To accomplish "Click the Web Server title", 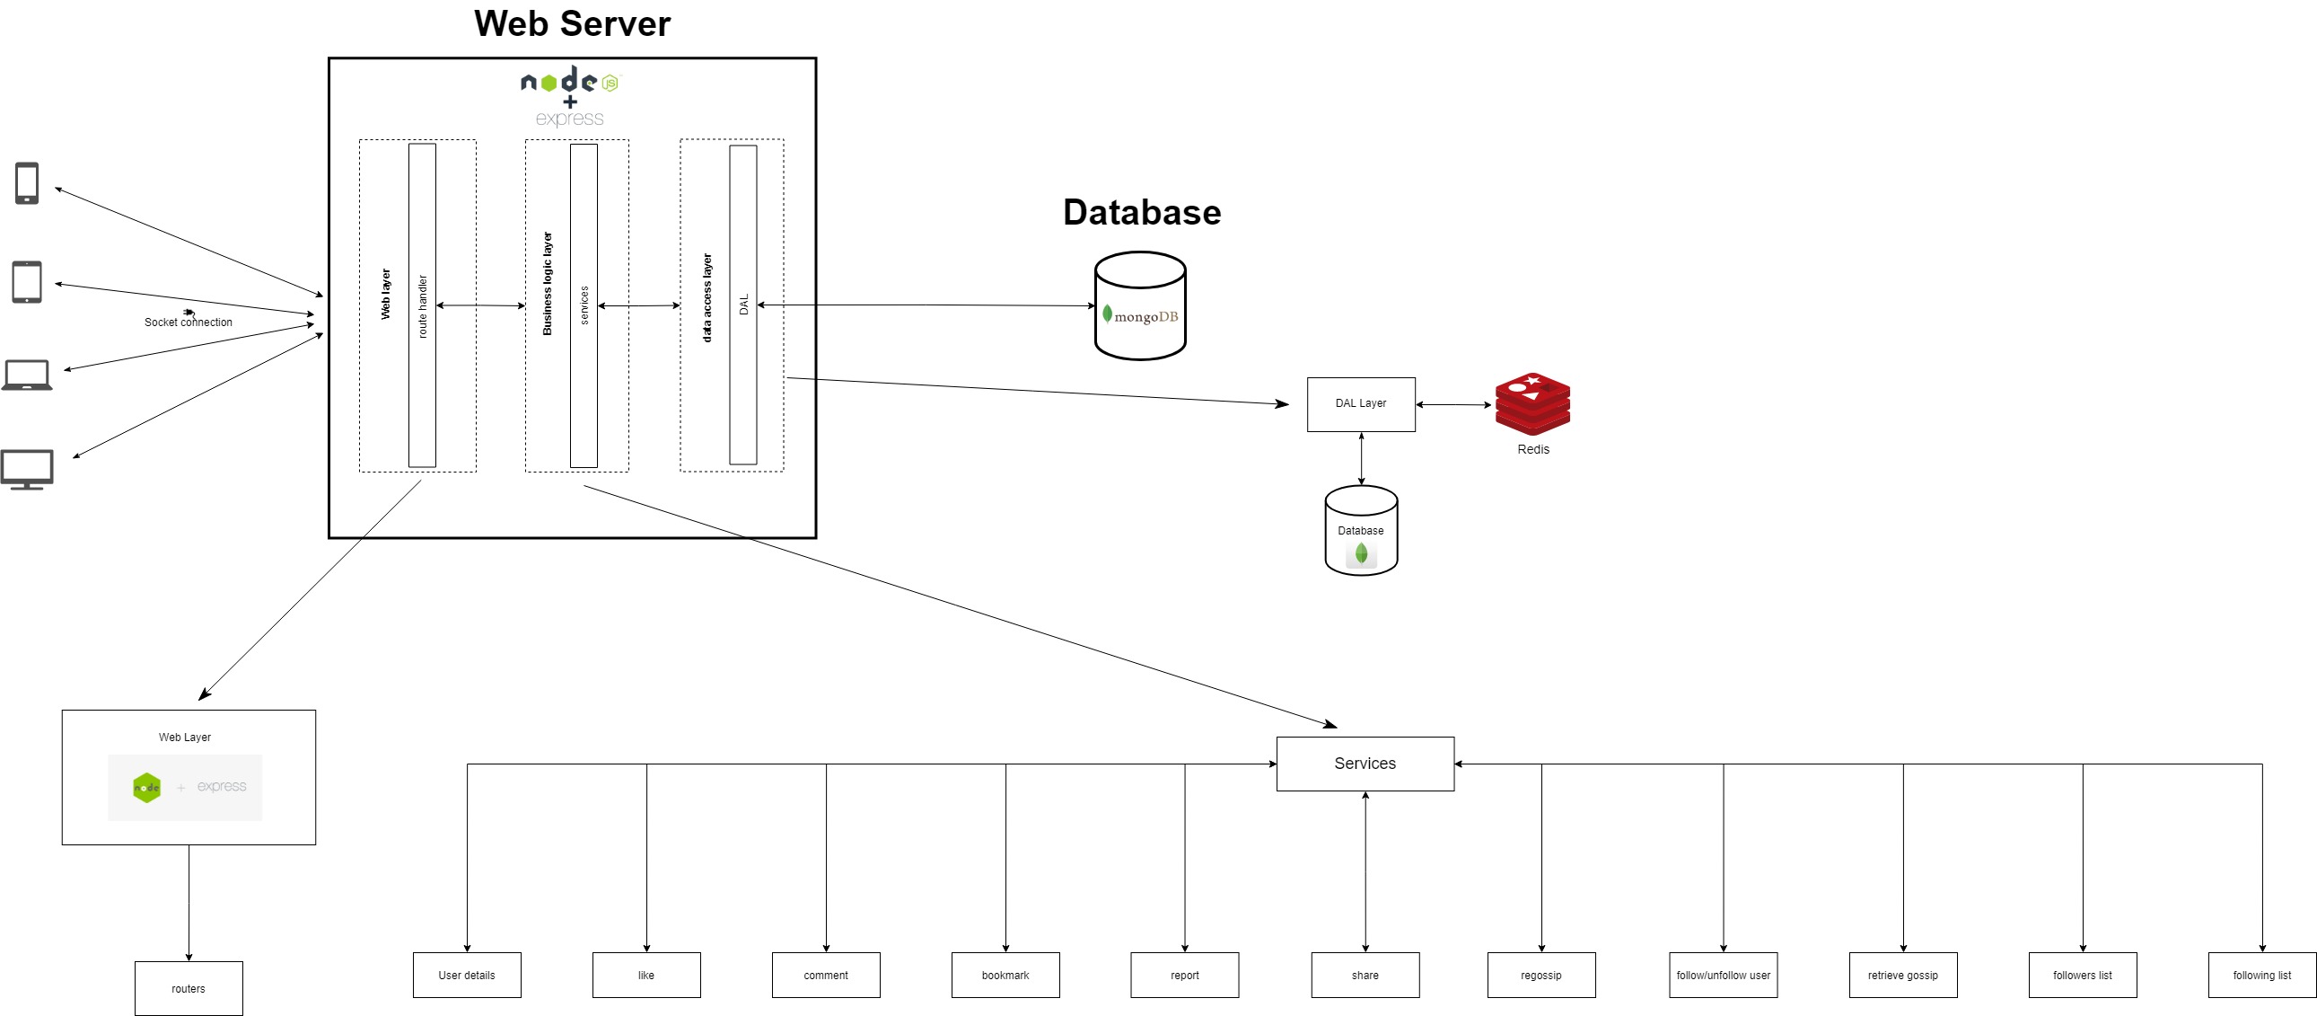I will click(x=572, y=23).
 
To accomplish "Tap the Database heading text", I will click(x=1141, y=212).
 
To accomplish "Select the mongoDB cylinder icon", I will click(x=1139, y=306).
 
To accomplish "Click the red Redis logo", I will click(x=1532, y=403).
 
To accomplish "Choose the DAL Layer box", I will click(x=1360, y=404).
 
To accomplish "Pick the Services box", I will click(x=1365, y=764).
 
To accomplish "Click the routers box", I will click(x=189, y=988).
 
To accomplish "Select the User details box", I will click(x=467, y=975).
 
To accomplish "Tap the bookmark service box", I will click(x=1005, y=975).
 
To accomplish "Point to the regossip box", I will click(x=1540, y=975).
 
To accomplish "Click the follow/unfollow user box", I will click(x=1723, y=975).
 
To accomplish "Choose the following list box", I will click(x=2261, y=975).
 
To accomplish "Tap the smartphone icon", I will click(x=27, y=183).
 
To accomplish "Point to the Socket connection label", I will click(x=188, y=322).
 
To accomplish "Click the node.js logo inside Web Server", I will click(x=569, y=83).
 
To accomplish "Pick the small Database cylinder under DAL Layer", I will click(x=1360, y=531).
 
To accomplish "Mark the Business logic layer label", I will click(x=547, y=284).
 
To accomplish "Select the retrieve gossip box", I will click(x=1902, y=975).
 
